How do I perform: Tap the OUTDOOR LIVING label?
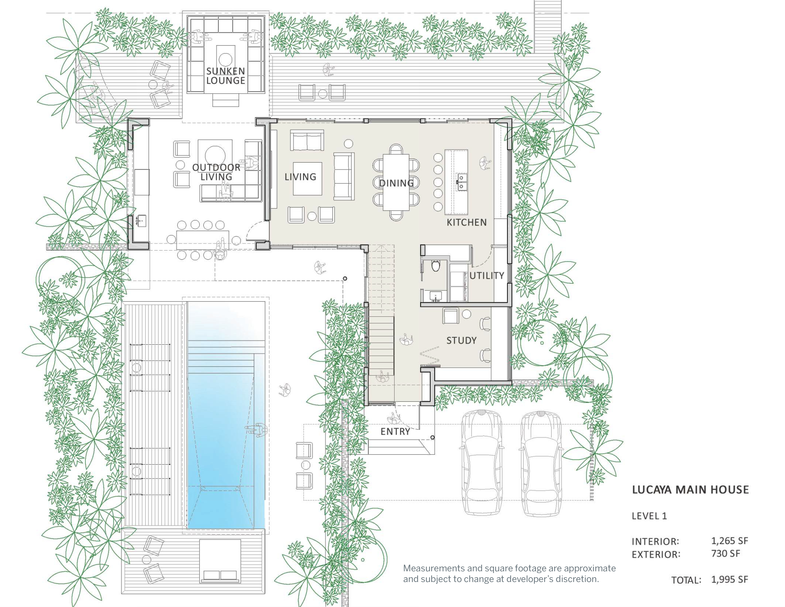(216, 172)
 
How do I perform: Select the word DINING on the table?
(397, 183)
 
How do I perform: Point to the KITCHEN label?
(466, 222)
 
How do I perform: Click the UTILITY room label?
(487, 275)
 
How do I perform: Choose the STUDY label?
(461, 340)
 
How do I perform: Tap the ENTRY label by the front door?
(395, 432)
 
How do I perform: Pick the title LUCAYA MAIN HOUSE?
(690, 490)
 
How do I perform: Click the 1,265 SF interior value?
(729, 541)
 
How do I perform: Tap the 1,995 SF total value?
(729, 579)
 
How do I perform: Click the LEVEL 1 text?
(649, 516)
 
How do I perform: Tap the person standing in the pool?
(257, 429)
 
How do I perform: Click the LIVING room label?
(300, 177)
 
